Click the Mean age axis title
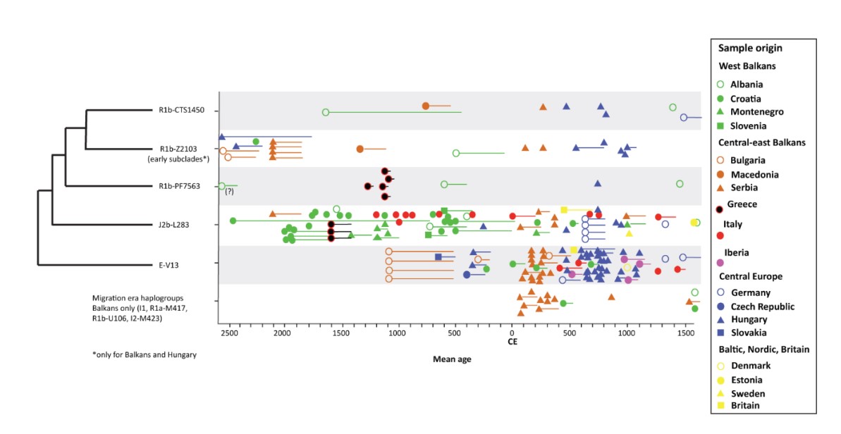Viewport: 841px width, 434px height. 452,359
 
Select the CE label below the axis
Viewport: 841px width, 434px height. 512,342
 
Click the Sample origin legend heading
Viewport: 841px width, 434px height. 750,49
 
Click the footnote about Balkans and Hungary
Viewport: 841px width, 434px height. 144,354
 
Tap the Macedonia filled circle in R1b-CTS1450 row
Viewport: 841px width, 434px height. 426,106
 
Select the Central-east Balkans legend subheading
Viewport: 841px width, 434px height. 762,142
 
